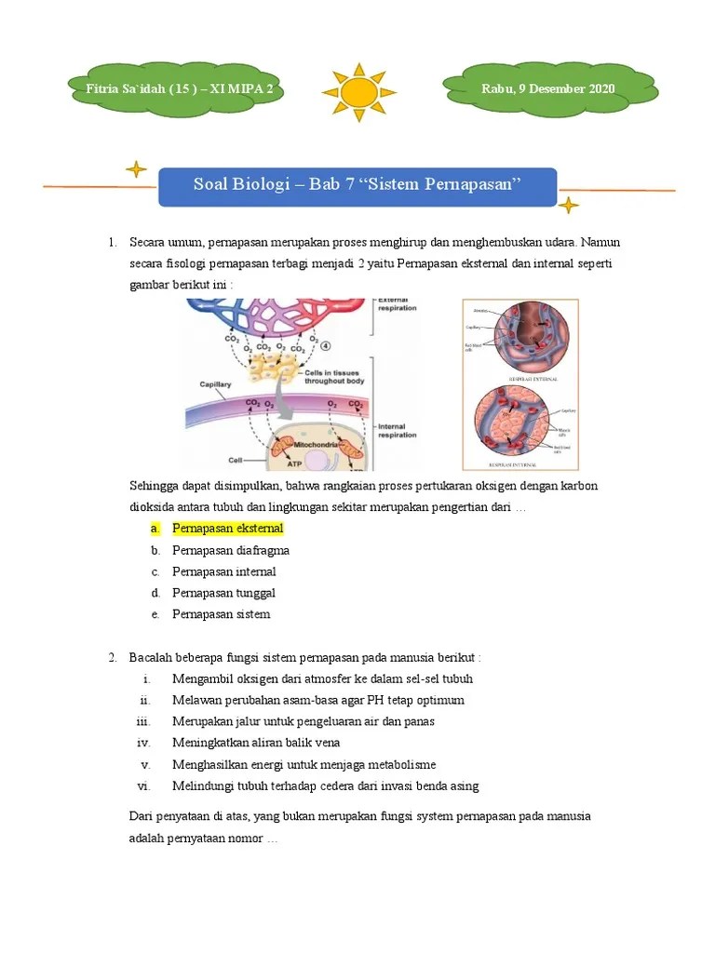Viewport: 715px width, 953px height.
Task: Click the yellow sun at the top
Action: coord(358,91)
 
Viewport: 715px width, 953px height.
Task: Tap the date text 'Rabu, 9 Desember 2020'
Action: coord(547,89)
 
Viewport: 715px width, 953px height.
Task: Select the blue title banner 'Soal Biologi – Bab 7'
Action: coord(357,184)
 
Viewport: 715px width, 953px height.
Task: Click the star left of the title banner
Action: coord(136,169)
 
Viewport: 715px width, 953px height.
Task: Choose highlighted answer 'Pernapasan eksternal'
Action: coord(227,529)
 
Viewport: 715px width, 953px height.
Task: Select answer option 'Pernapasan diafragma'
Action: coord(230,550)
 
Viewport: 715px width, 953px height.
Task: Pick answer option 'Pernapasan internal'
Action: coord(223,571)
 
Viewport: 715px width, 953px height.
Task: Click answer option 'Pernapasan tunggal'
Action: coord(223,593)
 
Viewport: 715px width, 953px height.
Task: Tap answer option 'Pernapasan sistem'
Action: coord(221,614)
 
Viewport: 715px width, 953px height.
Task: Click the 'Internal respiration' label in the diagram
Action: coord(398,431)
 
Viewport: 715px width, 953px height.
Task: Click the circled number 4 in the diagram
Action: coord(324,346)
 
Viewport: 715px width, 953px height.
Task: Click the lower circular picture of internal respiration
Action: coord(519,422)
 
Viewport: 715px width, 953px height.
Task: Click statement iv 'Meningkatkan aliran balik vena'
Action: coord(256,743)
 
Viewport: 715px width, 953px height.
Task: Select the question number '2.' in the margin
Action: coord(113,658)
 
